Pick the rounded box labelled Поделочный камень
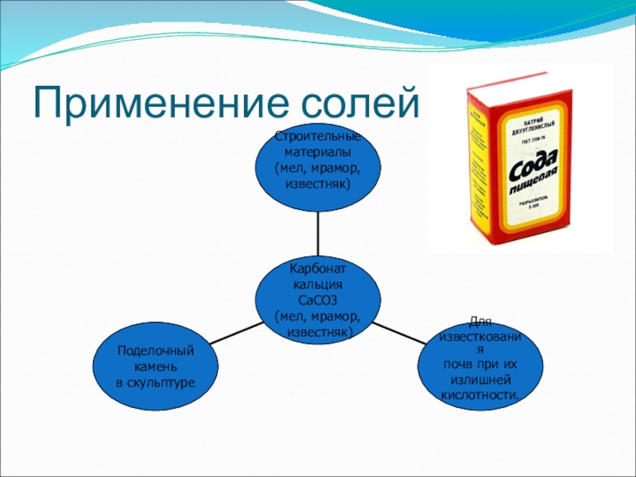[x=155, y=366]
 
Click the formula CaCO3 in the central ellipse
[x=317, y=300]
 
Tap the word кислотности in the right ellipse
[x=482, y=394]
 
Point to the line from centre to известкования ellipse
[x=401, y=332]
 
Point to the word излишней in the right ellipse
[x=482, y=380]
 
